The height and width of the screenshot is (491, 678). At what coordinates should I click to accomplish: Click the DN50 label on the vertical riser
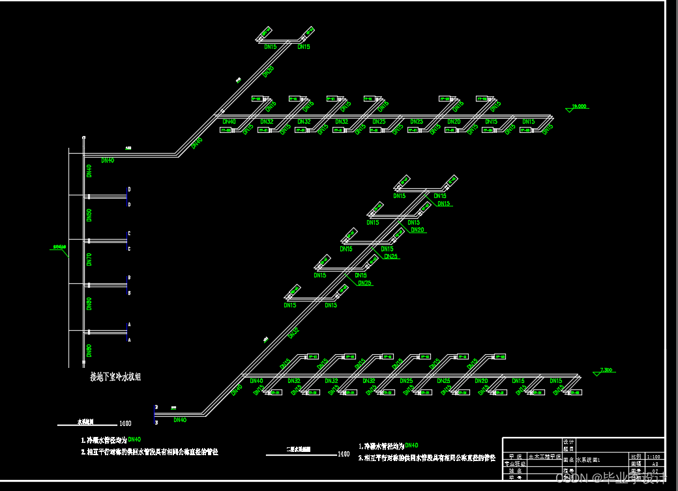click(89, 216)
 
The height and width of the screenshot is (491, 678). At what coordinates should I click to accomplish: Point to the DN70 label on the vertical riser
click(89, 259)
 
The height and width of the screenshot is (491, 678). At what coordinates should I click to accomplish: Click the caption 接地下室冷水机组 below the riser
click(115, 376)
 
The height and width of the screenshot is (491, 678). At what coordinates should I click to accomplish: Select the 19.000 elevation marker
click(579, 106)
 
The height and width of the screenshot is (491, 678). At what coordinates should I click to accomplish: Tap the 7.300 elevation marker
click(606, 370)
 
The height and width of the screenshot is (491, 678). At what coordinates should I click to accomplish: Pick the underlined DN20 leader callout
click(417, 230)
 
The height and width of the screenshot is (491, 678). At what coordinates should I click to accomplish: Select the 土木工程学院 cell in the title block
click(544, 457)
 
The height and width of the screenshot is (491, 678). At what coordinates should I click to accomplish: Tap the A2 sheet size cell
click(654, 464)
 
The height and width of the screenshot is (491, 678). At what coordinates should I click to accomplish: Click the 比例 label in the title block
click(636, 457)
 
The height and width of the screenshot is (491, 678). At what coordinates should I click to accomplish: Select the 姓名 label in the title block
click(516, 470)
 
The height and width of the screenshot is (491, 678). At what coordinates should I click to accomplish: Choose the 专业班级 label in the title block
click(516, 464)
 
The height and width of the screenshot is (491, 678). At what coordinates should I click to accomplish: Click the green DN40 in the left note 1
click(134, 440)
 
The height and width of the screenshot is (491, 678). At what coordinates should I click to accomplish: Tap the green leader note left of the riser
click(60, 247)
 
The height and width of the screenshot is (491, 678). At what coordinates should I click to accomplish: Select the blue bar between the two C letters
click(126, 241)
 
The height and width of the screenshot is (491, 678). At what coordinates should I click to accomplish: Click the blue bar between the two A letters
click(126, 332)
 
